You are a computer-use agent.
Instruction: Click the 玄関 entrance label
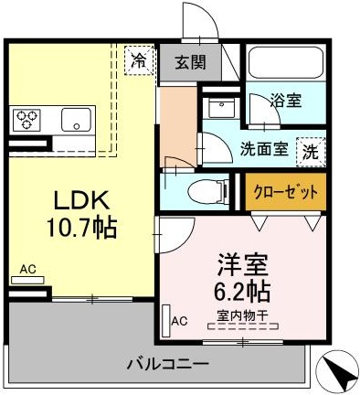click(x=191, y=62)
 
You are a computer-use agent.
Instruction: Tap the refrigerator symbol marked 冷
click(x=139, y=59)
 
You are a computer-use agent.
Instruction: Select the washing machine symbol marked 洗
click(x=311, y=152)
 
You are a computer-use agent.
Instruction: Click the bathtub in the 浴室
click(x=286, y=62)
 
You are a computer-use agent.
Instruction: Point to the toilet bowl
click(x=206, y=192)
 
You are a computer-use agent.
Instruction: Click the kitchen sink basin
click(x=76, y=120)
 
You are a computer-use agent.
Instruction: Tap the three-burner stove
click(x=25, y=120)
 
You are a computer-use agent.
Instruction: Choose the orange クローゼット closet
click(x=286, y=192)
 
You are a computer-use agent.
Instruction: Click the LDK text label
click(x=81, y=200)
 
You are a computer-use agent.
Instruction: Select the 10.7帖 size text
click(x=81, y=227)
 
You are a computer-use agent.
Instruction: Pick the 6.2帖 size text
click(x=242, y=291)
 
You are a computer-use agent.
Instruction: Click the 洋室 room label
click(x=243, y=265)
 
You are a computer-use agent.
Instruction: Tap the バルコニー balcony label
click(x=168, y=364)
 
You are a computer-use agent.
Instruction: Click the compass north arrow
click(x=338, y=370)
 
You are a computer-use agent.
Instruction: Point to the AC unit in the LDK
click(x=27, y=280)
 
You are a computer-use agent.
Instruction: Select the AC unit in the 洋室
click(x=166, y=321)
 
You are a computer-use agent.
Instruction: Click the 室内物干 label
click(x=242, y=315)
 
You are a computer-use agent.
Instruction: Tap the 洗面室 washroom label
click(x=264, y=149)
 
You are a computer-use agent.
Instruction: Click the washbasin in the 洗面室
click(x=221, y=108)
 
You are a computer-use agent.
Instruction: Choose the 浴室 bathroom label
click(x=286, y=100)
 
